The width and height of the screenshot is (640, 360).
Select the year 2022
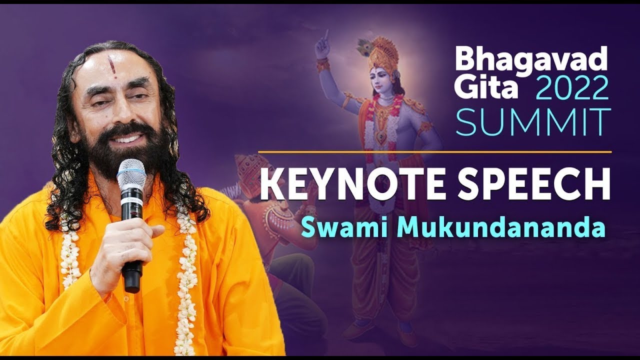click(x=572, y=89)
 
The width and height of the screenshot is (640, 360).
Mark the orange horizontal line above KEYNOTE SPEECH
click(x=434, y=151)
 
